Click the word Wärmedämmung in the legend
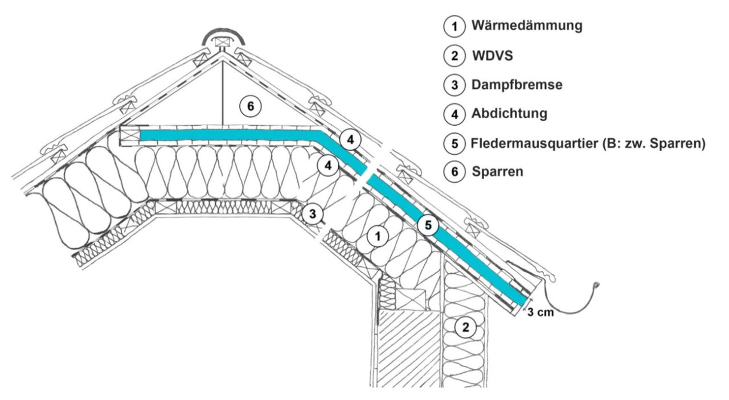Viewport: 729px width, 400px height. point(527,26)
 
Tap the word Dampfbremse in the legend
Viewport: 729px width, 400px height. point(517,85)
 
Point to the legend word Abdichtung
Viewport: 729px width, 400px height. point(509,113)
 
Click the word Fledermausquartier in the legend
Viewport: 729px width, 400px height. point(535,144)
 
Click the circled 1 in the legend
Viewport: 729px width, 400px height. point(454,26)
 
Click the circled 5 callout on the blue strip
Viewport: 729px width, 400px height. point(428,225)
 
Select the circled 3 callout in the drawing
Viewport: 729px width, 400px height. point(312,213)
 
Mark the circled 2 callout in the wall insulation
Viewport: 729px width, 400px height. point(466,327)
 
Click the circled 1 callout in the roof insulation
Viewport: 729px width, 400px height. point(376,236)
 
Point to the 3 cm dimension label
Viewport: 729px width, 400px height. point(538,312)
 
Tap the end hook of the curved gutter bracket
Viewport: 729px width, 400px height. point(596,285)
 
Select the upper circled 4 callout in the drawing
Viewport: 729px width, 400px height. point(351,139)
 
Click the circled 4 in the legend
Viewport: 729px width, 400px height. point(454,114)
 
